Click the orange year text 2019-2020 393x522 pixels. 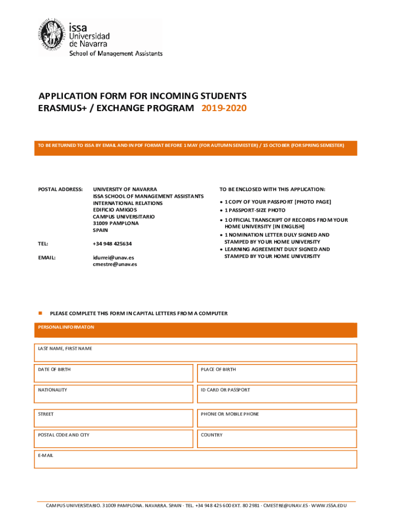224,108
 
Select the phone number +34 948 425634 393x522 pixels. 112,244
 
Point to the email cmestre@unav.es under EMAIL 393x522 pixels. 115,264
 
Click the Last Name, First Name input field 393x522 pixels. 195,352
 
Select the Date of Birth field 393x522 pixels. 114,373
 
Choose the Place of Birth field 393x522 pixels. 277,373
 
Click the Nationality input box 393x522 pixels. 114,394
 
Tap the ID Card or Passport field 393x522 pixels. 277,394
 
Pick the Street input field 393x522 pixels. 114,418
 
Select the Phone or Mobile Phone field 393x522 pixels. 277,418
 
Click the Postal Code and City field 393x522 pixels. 114,439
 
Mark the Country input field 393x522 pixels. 277,439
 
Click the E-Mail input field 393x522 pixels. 195,459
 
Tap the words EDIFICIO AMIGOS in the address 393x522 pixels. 115,210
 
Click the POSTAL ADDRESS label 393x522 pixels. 60,189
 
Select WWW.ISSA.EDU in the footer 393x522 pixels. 329,505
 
